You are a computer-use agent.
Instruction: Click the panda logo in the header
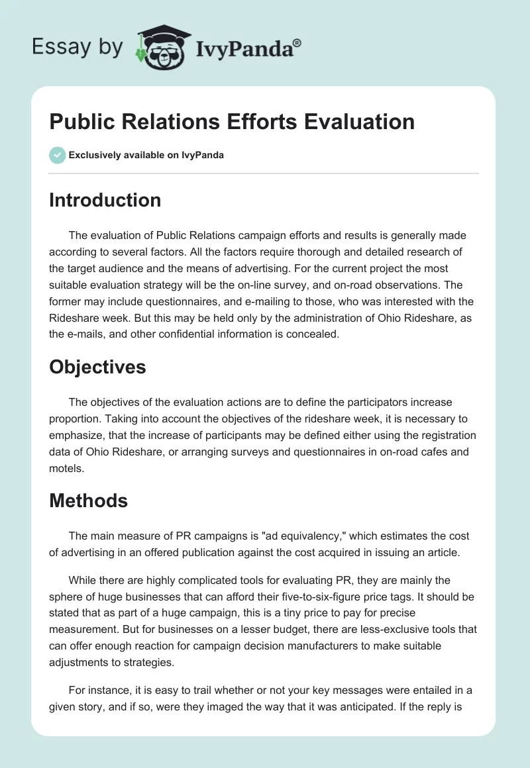[x=162, y=48]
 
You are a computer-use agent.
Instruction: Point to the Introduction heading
[x=105, y=200]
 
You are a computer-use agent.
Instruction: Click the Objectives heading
[x=97, y=366]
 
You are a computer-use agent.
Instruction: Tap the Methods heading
[x=88, y=501]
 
